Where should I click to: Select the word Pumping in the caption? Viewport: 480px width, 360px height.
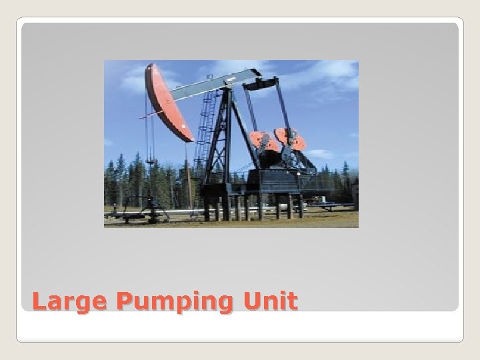175,303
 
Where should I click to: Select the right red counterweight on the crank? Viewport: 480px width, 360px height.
291,139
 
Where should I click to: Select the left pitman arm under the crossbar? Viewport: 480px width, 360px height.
251,110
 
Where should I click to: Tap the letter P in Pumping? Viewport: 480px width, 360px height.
125,301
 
